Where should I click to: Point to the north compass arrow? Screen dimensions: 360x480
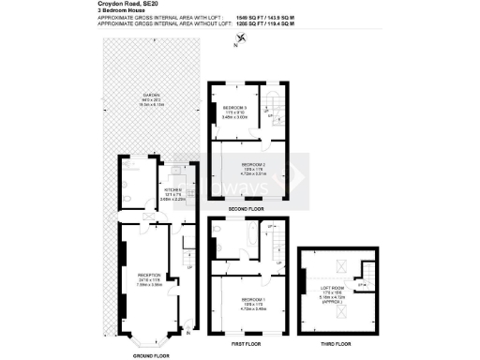point(243,37)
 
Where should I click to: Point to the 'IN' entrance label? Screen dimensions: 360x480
point(188,333)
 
